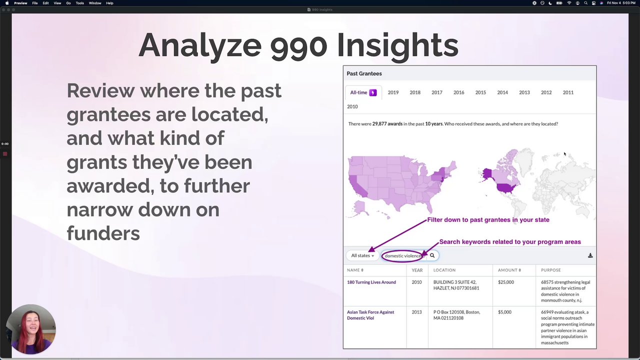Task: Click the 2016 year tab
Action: pyautogui.click(x=458, y=92)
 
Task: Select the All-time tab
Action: pyautogui.click(x=363, y=92)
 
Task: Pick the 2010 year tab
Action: pyautogui.click(x=352, y=106)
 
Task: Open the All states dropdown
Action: pyautogui.click(x=362, y=255)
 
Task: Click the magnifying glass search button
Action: pyautogui.click(x=432, y=255)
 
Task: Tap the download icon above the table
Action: pyautogui.click(x=590, y=255)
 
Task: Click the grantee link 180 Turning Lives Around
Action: pyautogui.click(x=371, y=282)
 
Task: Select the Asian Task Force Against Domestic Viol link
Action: pyautogui.click(x=370, y=315)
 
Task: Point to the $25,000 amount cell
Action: pyautogui.click(x=505, y=282)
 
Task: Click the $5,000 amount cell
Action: pyautogui.click(x=504, y=312)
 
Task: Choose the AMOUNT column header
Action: pyautogui.click(x=509, y=270)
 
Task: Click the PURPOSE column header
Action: pyautogui.click(x=550, y=270)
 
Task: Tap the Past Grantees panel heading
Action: pyautogui.click(x=364, y=73)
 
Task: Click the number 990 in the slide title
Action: pyautogui.click(x=298, y=45)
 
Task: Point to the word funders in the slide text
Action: pyautogui.click(x=103, y=233)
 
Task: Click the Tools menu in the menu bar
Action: pyautogui.click(x=79, y=3)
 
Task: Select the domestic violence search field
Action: pyautogui.click(x=403, y=255)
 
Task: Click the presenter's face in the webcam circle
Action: pyautogui.click(x=32, y=325)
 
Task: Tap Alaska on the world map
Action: pyautogui.click(x=487, y=174)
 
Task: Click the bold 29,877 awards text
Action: pyautogui.click(x=387, y=123)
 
